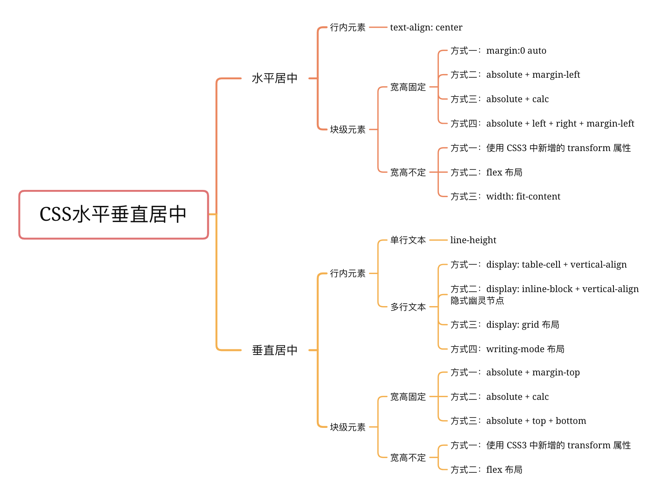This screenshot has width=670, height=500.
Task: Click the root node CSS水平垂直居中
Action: (113, 214)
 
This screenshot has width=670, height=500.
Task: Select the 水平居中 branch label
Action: (274, 78)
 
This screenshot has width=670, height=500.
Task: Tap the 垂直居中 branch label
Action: (274, 350)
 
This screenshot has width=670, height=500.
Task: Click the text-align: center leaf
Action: (426, 27)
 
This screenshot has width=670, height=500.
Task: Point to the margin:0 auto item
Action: (516, 51)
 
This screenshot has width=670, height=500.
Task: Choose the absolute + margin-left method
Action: (533, 75)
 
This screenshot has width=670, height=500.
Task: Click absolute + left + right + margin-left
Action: (560, 123)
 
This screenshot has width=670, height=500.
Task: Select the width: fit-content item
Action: (523, 196)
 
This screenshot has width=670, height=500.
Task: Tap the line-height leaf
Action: (473, 240)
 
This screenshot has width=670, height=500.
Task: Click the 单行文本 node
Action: (408, 240)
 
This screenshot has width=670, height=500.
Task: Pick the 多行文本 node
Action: (408, 307)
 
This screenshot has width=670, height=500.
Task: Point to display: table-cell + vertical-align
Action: (556, 264)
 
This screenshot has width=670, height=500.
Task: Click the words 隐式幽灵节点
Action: (477, 300)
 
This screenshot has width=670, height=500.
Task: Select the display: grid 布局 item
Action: (523, 325)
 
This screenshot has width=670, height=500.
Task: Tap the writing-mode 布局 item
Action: (525, 349)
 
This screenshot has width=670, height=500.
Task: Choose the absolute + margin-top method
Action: (533, 372)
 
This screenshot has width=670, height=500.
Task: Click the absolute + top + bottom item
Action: (536, 421)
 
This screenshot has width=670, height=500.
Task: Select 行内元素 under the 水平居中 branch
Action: (347, 27)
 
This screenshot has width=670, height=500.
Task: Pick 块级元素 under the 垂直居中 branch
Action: (347, 427)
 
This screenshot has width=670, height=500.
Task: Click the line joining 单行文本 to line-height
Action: (438, 240)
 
